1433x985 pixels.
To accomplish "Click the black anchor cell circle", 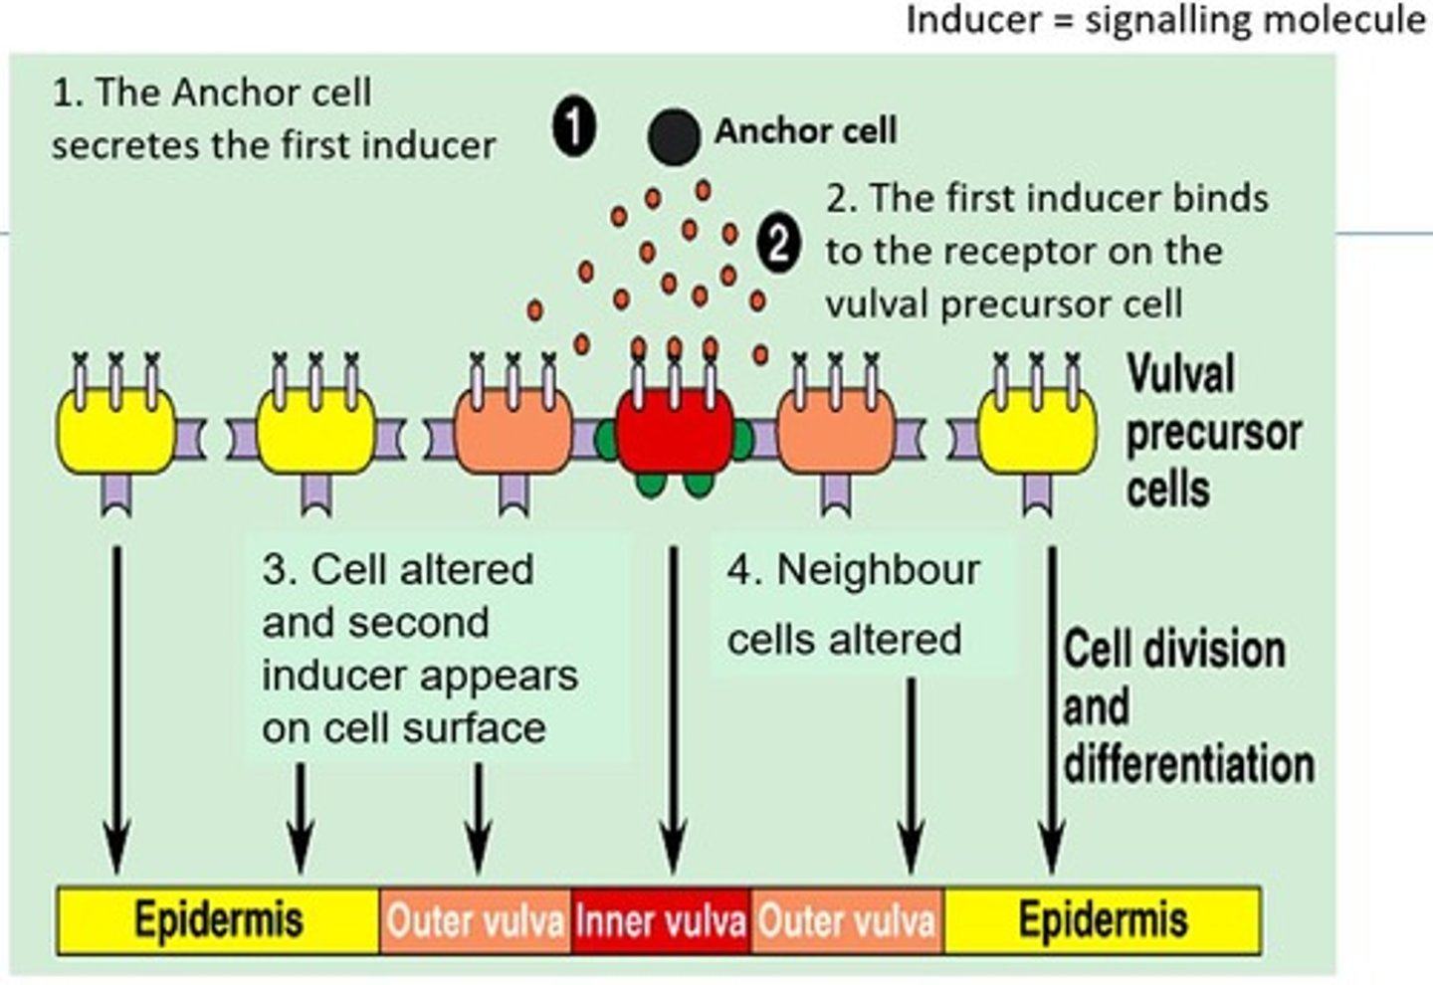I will [674, 137].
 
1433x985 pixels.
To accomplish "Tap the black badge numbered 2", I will [777, 245].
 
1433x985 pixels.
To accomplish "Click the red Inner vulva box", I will [661, 921].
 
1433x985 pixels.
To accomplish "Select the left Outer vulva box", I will [475, 921].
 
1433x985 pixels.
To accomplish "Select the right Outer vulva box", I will [847, 921].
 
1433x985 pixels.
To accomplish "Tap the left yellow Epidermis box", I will [218, 921].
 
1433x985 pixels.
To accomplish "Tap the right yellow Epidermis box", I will [1103, 921].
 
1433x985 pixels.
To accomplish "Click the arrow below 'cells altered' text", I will [911, 776].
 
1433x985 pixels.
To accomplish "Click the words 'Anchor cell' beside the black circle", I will [805, 130].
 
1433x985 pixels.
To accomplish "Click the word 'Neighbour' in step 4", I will [878, 571].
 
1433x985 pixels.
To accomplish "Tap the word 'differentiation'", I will [1189, 764].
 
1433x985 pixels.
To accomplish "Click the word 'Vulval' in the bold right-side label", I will [1181, 375].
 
